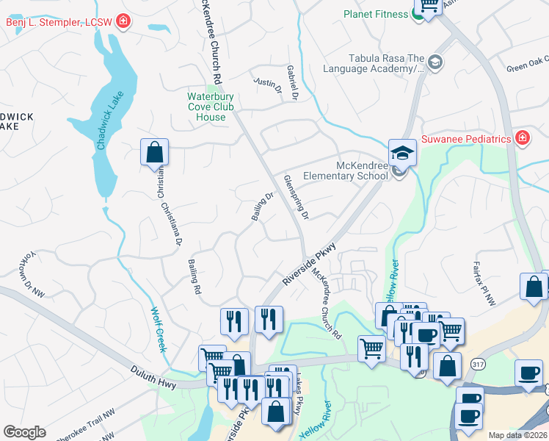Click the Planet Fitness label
click(x=377, y=14)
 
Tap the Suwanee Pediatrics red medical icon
click(x=523, y=138)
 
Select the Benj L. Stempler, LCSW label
click(x=59, y=22)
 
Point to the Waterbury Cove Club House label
click(x=211, y=107)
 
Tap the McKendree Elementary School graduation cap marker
click(x=401, y=153)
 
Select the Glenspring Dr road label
click(x=297, y=197)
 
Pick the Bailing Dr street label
click(x=262, y=206)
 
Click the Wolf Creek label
click(x=158, y=329)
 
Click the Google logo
click(x=24, y=432)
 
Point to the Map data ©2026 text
click(x=517, y=435)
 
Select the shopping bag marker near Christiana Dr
click(x=155, y=154)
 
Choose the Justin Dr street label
click(x=268, y=85)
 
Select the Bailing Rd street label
click(x=194, y=275)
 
